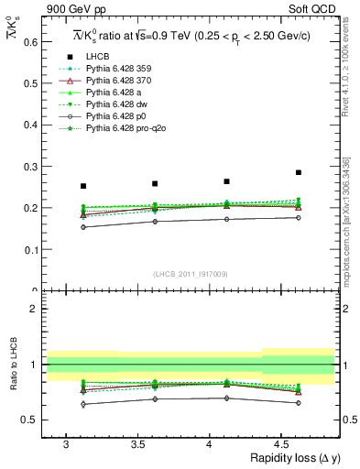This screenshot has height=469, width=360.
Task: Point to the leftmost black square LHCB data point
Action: coord(83,186)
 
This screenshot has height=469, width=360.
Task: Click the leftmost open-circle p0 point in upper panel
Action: coord(83,227)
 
